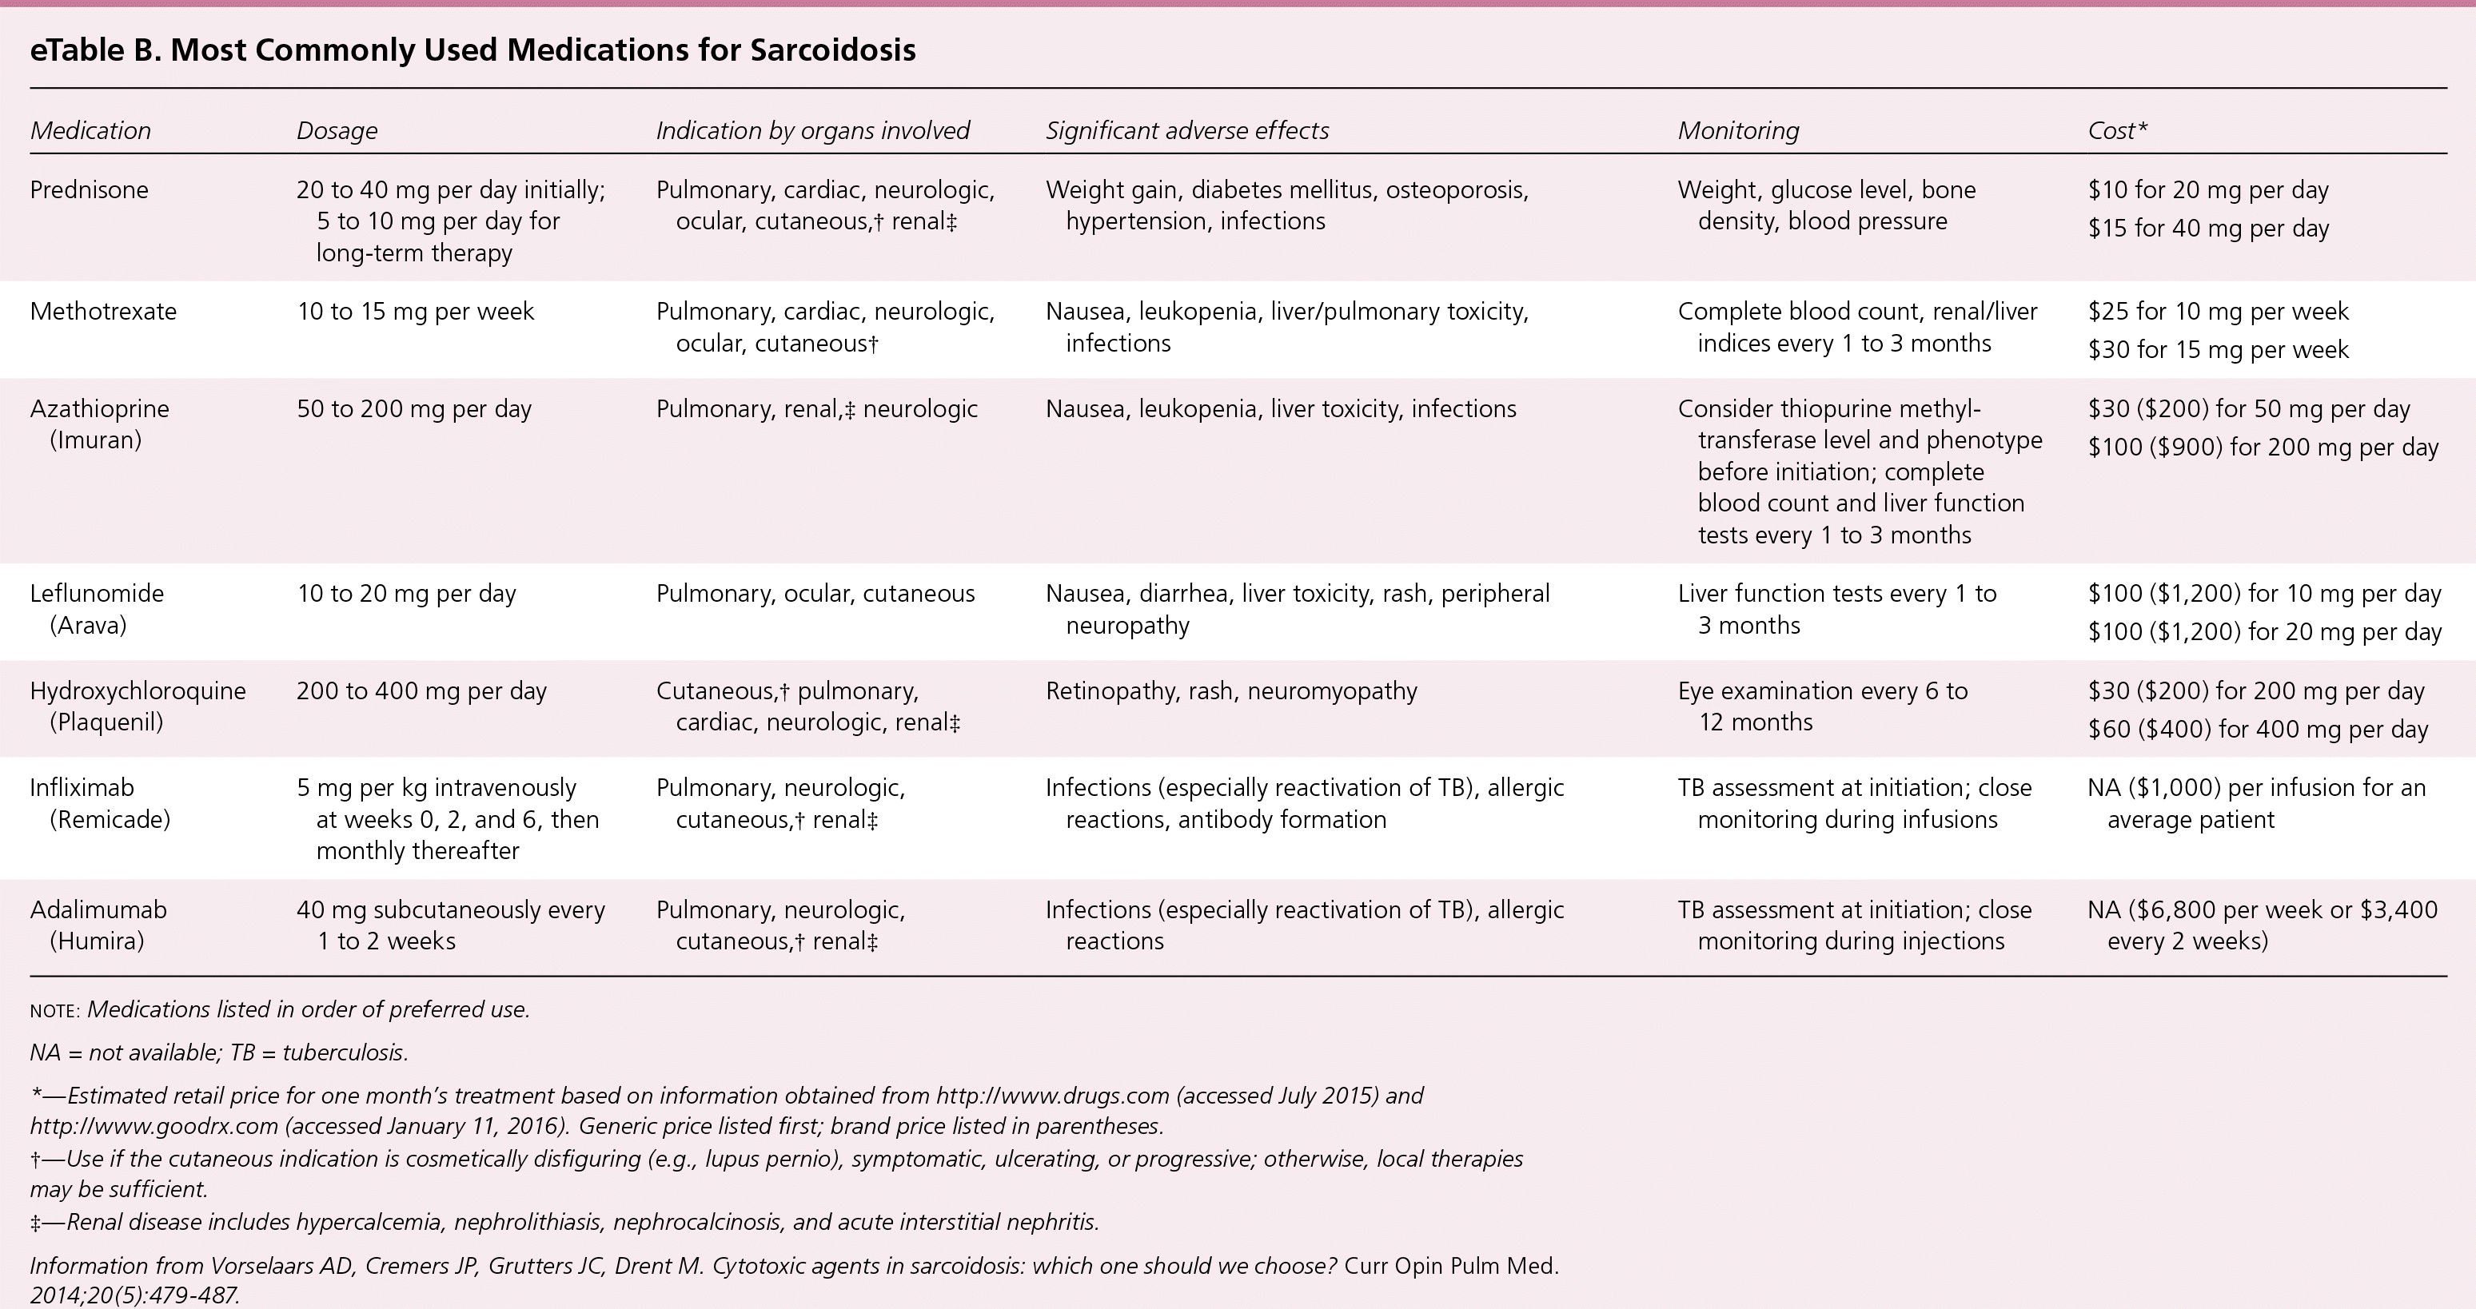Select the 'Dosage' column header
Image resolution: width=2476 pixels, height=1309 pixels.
coord(337,131)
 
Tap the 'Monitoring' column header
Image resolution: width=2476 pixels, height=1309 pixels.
coord(1738,131)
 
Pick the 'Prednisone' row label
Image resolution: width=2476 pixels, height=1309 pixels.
coord(90,190)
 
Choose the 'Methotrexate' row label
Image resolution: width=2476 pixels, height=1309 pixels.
coord(103,312)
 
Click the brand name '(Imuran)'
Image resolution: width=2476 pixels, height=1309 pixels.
coord(95,440)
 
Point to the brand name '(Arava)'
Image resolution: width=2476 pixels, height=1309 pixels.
coord(89,626)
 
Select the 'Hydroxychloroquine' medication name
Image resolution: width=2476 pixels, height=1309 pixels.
coord(138,691)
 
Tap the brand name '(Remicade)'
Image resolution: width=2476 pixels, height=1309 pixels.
coord(110,820)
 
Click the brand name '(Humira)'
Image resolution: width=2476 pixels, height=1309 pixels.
coord(97,941)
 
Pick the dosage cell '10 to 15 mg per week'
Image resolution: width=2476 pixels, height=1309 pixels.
coord(415,312)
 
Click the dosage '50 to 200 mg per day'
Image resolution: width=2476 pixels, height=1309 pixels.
coord(413,408)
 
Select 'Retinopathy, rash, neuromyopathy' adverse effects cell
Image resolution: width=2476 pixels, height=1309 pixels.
coord(1231,691)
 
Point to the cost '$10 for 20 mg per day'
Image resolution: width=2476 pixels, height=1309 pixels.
coord(2208,190)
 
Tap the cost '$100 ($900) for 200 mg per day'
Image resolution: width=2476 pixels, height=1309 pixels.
coord(2263,447)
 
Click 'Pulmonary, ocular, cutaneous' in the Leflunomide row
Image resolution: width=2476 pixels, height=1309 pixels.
coord(815,594)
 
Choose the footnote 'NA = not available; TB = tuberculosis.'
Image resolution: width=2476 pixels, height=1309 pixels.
coord(219,1052)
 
